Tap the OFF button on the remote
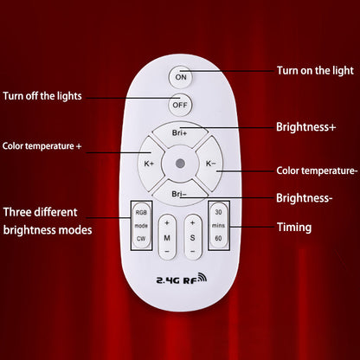[180, 106]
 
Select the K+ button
[150, 163]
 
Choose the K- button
[210, 163]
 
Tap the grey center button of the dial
[180, 163]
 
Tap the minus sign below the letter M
[167, 250]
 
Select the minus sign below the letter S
[192, 250]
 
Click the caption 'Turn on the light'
[315, 69]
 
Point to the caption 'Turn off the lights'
[42, 95]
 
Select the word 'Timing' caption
[294, 228]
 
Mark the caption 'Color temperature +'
[42, 146]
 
